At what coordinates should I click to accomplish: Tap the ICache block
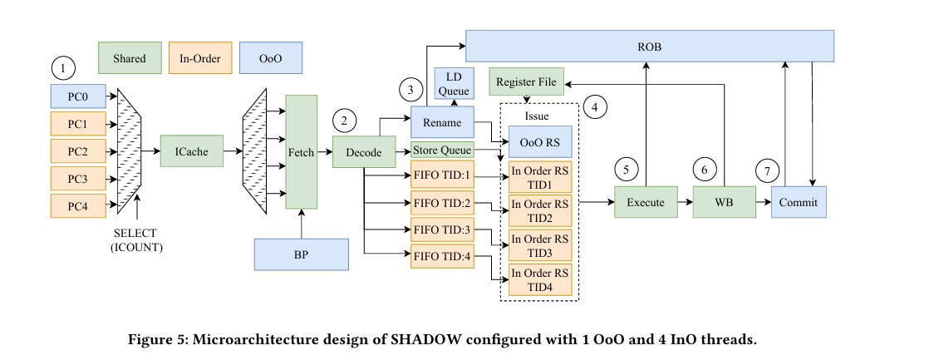click(192, 151)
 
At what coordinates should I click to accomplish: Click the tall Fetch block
click(301, 151)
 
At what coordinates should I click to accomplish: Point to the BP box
click(301, 254)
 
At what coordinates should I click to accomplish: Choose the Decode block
click(364, 151)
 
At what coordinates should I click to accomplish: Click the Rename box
click(441, 122)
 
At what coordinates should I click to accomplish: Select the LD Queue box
click(455, 84)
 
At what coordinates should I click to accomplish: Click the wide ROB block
click(649, 47)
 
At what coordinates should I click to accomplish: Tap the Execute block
click(646, 202)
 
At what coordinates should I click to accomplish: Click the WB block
click(724, 202)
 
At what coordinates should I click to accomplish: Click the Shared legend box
click(129, 58)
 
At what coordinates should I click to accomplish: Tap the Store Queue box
click(442, 150)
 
